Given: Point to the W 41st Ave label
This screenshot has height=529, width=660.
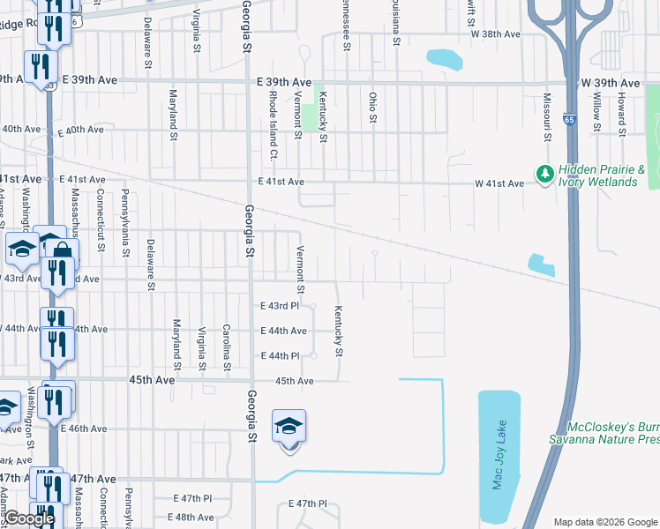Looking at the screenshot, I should coord(502,183).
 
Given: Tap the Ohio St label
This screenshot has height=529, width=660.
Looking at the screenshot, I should coord(373,107).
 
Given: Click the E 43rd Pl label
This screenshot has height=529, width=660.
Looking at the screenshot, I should coord(282,306).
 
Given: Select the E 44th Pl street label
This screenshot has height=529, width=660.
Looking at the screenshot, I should coord(282,356).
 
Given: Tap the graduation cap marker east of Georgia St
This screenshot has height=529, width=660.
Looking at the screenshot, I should coord(289,427).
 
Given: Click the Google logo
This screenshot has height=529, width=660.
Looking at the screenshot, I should coord(28,518).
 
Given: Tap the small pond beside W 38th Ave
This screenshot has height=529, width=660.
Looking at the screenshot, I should coord(443,59).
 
